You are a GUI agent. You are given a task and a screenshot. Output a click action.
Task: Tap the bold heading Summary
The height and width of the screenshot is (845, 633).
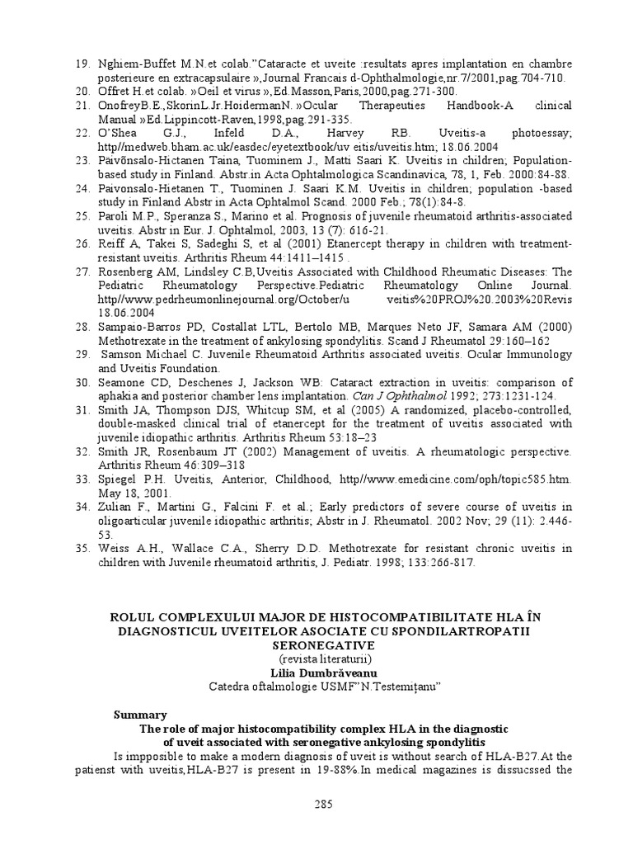point(139,715)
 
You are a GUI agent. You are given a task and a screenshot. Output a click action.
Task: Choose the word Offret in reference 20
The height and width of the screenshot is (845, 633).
point(116,91)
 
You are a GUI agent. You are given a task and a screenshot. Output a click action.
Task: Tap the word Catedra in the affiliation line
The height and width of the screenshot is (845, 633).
point(231,687)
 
